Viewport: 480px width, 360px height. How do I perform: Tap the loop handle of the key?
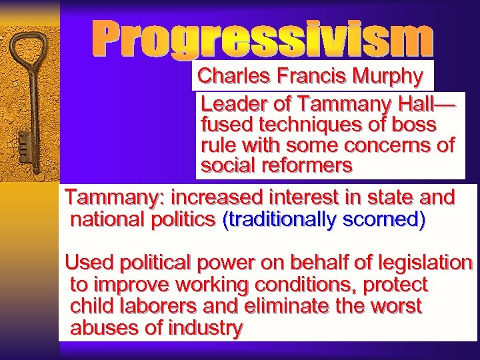(31, 54)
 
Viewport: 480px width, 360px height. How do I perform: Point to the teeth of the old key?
(23, 144)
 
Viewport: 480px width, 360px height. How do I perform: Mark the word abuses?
(100, 327)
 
